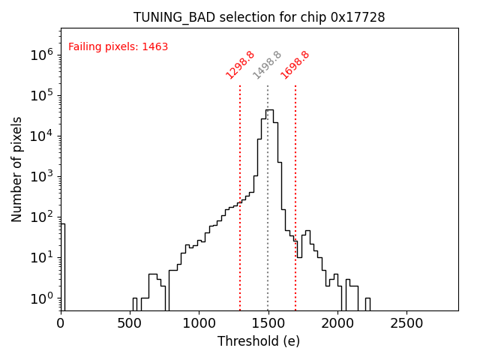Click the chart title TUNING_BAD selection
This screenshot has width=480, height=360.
(259, 17)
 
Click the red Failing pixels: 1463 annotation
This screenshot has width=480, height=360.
(118, 47)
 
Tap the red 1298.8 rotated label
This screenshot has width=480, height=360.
(241, 65)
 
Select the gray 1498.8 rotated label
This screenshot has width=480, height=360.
(267, 65)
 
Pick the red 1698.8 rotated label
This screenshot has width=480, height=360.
(295, 65)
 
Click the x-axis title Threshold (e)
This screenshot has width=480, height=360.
(259, 341)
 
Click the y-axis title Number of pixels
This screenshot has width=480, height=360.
(17, 169)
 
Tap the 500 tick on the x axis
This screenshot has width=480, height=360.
(130, 324)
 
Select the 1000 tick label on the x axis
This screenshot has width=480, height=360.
(199, 324)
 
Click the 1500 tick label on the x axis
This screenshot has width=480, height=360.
(268, 324)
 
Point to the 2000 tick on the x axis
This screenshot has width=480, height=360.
(337, 324)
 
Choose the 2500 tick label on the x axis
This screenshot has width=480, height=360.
(406, 324)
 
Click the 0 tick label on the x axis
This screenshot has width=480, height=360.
(61, 324)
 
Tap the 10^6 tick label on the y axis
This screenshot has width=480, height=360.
(41, 55)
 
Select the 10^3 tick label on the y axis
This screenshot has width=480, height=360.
(41, 176)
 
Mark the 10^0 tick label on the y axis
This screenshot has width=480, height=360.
(41, 298)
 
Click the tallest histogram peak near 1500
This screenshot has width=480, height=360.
(269, 111)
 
